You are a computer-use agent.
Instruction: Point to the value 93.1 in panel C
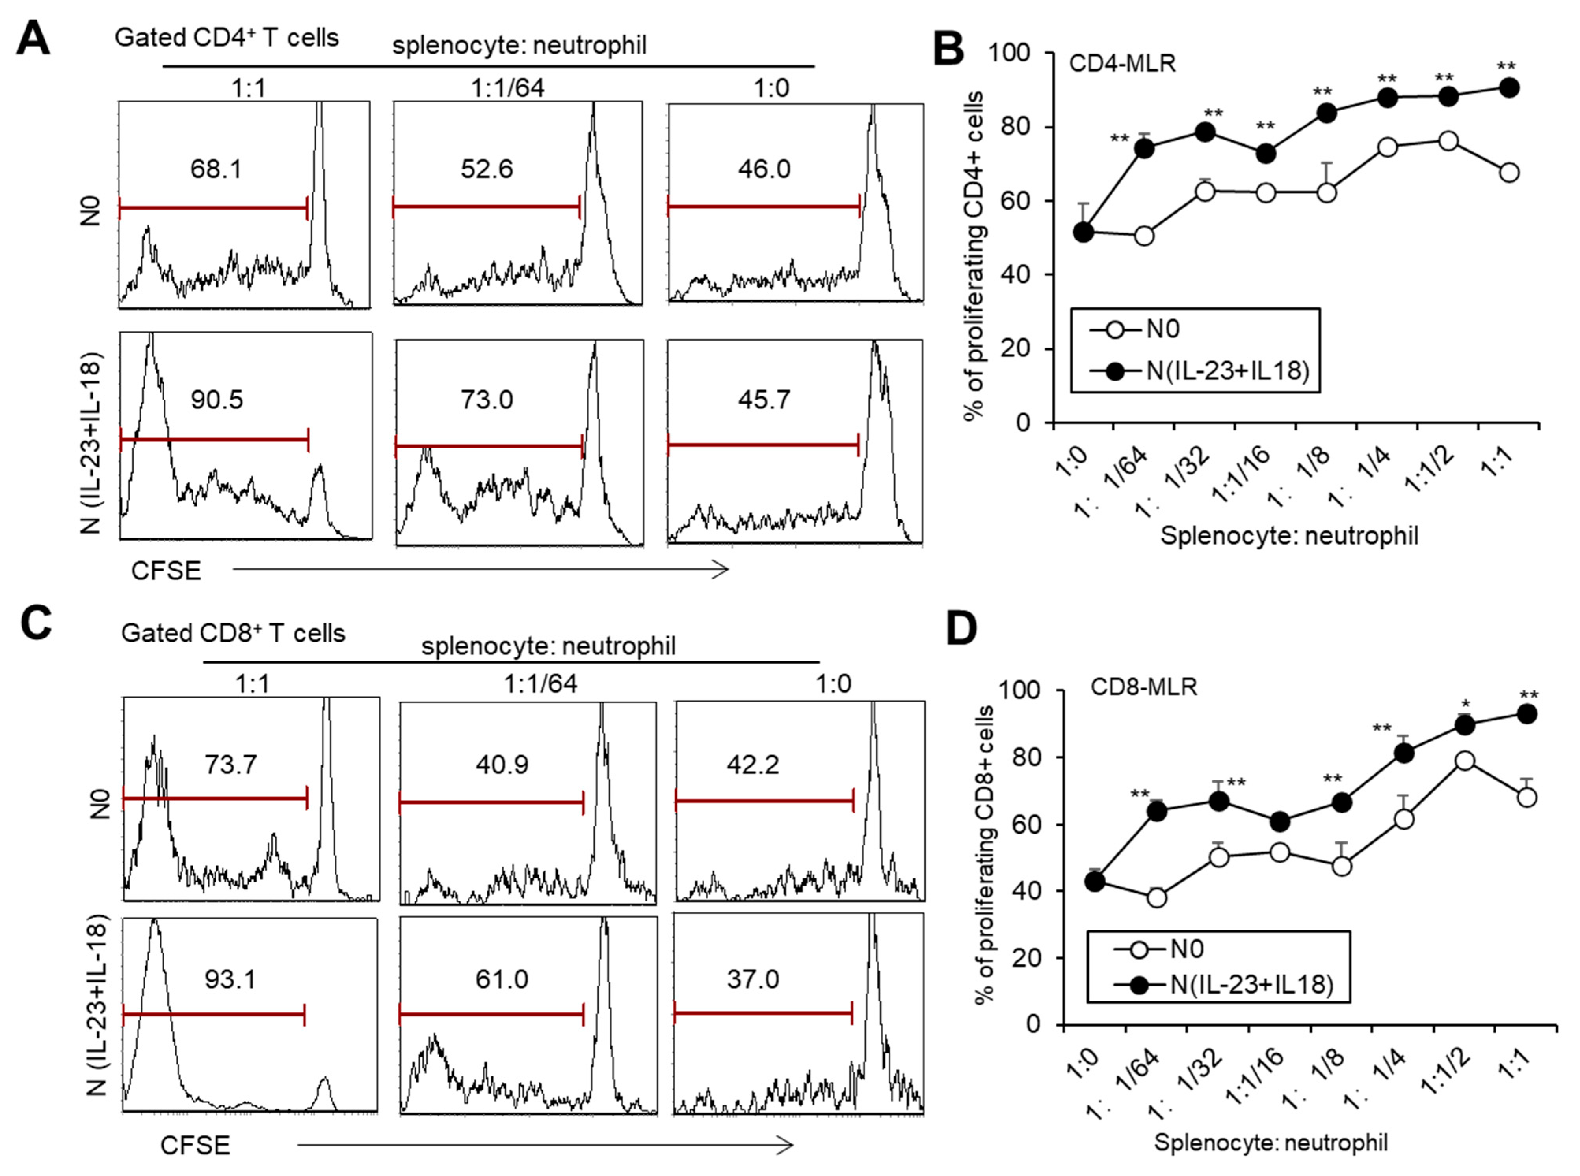click(229, 979)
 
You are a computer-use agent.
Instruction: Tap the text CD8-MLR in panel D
click(1144, 687)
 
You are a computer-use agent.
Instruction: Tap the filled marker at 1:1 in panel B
click(1509, 88)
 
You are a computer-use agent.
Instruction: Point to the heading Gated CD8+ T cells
click(233, 633)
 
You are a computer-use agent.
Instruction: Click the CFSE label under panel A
click(166, 571)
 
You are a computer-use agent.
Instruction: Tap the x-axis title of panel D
click(1270, 1143)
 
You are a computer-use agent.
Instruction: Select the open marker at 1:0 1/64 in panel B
click(1144, 236)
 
